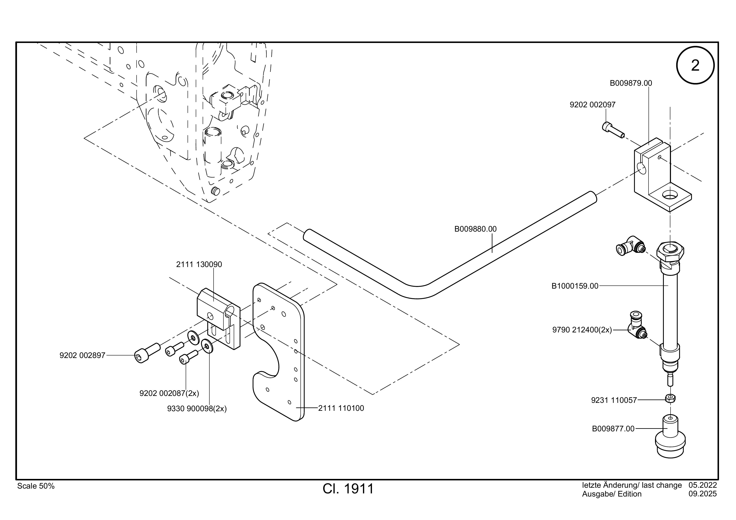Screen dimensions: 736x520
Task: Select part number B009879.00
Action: tap(630, 83)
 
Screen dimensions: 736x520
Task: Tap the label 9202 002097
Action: tap(592, 105)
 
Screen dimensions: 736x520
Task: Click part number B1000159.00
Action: tap(575, 286)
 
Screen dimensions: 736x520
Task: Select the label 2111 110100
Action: tap(341, 408)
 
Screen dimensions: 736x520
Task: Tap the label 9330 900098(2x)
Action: tap(197, 409)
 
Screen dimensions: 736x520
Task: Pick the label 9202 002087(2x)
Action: tap(169, 393)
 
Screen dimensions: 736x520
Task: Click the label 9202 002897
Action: tap(82, 355)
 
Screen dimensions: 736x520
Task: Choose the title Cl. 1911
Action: tap(348, 489)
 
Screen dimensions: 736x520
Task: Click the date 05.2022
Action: tap(703, 485)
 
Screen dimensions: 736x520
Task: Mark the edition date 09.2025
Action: tap(703, 494)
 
